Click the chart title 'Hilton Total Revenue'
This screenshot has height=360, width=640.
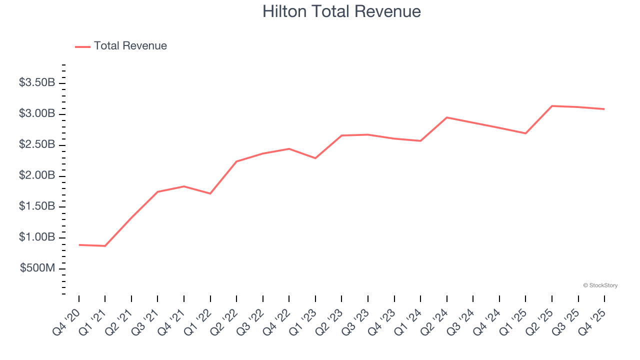click(341, 11)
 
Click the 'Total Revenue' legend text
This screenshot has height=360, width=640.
click(130, 46)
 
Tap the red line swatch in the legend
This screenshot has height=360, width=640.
click(82, 46)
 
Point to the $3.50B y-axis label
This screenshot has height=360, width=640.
click(37, 83)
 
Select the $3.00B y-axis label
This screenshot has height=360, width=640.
click(37, 114)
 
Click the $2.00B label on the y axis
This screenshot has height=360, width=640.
click(37, 176)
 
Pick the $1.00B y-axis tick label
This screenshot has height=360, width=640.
click(37, 237)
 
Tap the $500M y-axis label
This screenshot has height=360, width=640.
click(37, 268)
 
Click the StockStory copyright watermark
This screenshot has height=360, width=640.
click(600, 285)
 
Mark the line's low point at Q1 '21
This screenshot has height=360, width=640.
click(105, 246)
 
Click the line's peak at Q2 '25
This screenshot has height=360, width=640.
click(552, 106)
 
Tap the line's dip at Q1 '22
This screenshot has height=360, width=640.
click(210, 193)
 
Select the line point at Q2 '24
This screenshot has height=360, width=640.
click(446, 117)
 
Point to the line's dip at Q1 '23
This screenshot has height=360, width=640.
click(315, 158)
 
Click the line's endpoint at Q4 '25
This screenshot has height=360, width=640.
click(604, 109)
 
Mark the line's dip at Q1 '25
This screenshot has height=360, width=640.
click(525, 133)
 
